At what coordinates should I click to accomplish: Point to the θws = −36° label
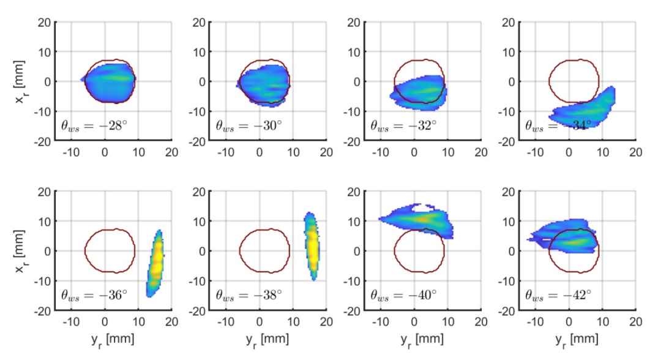click(94, 294)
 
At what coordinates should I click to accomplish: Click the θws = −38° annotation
click(248, 294)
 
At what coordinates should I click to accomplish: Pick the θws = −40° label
click(403, 294)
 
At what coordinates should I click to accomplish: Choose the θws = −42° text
click(558, 294)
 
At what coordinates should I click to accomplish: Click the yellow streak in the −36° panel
click(157, 260)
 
